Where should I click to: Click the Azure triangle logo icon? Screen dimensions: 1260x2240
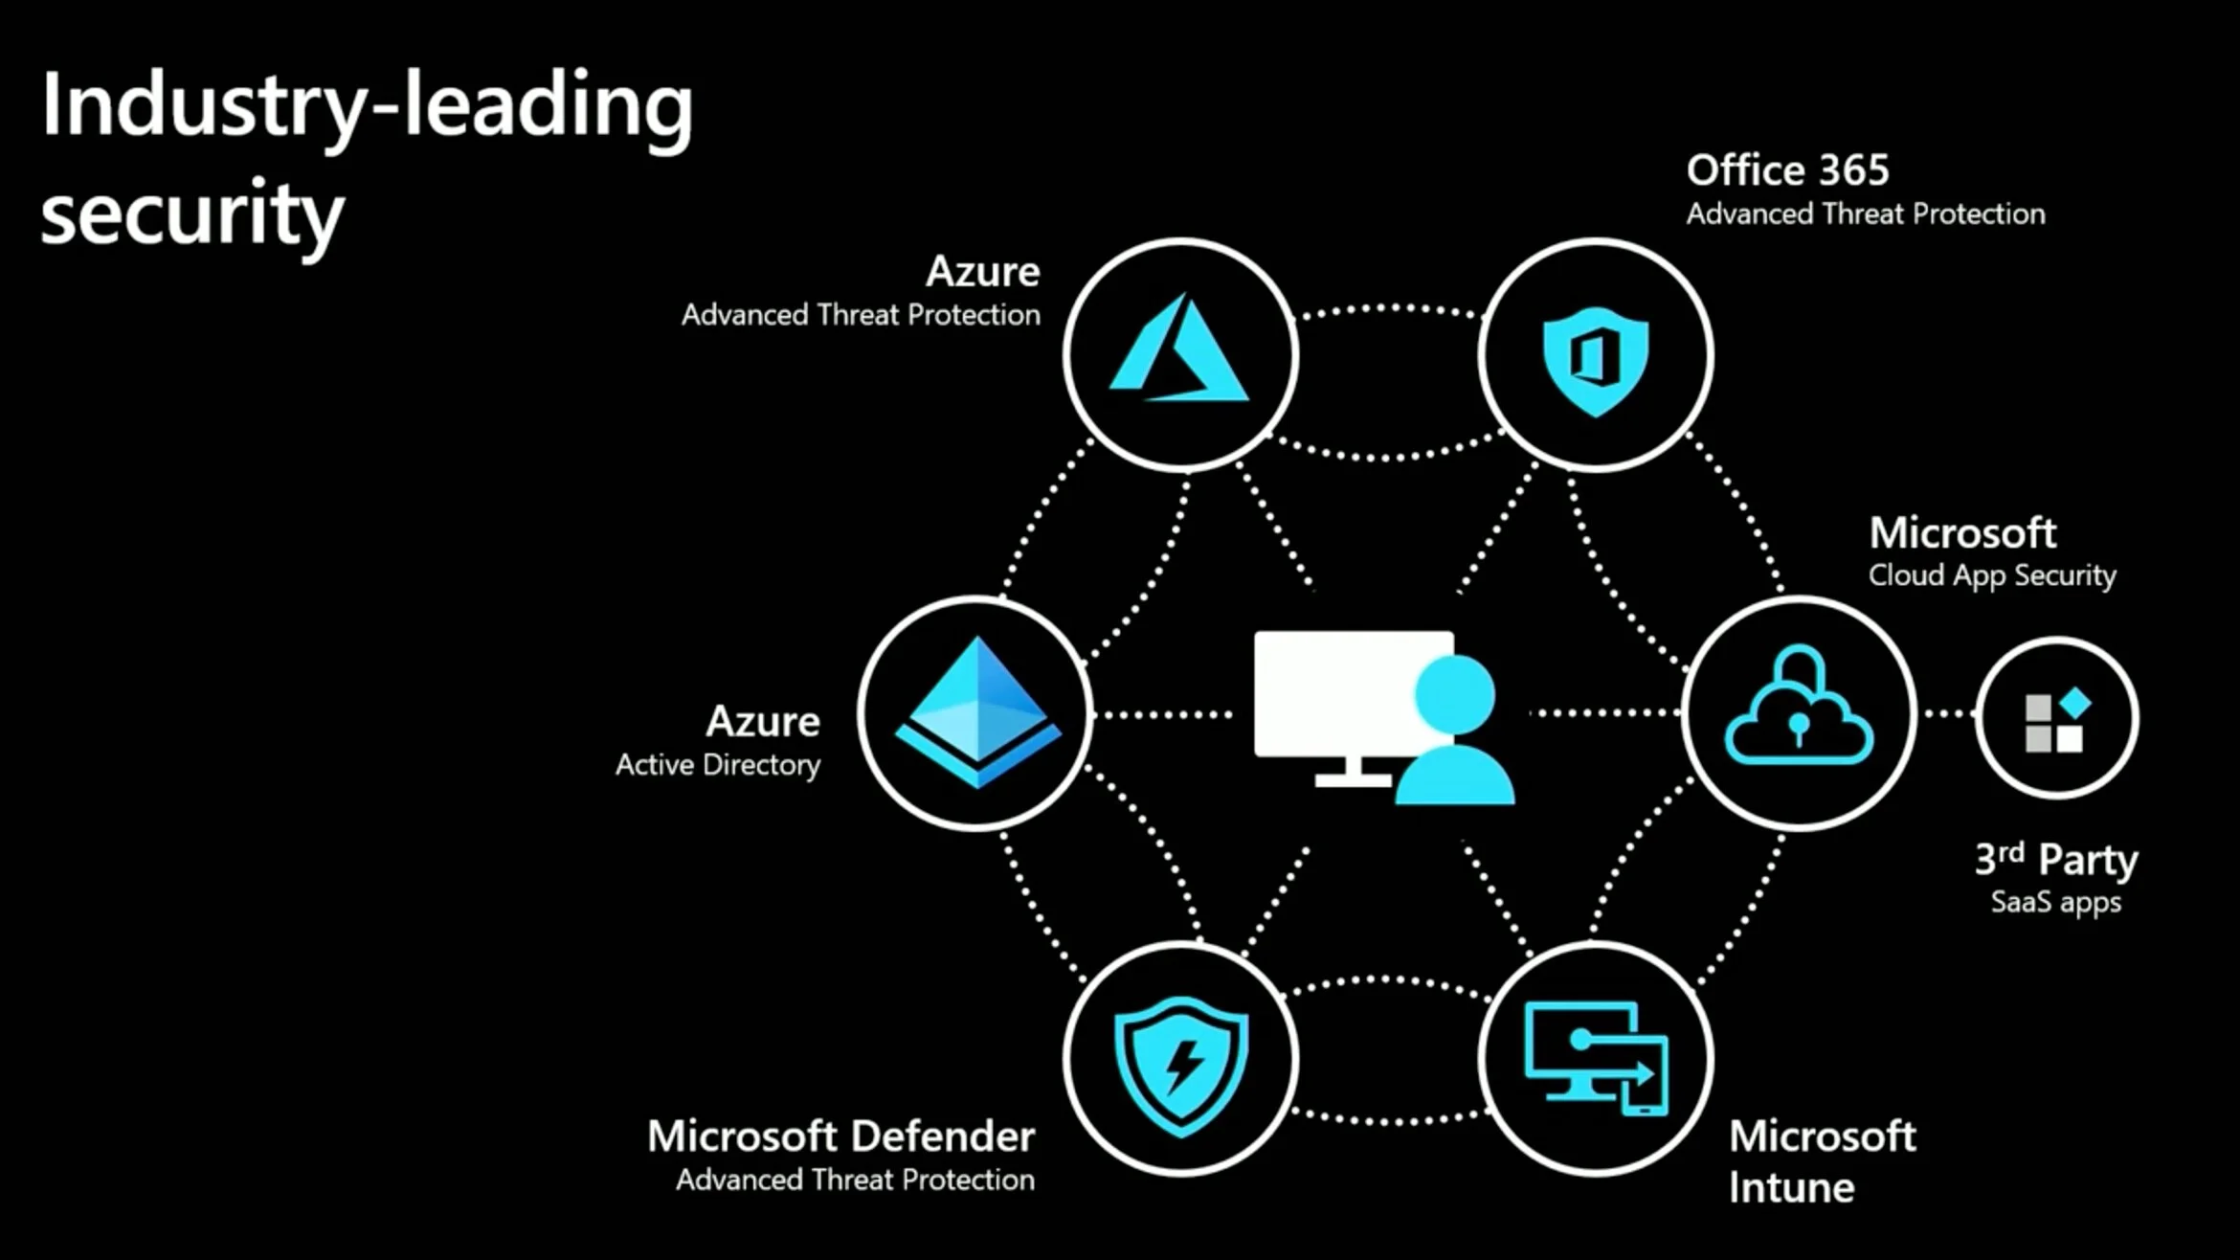[x=1179, y=349]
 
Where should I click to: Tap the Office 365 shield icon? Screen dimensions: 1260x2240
[x=1595, y=359]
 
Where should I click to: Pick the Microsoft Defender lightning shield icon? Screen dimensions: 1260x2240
[x=1181, y=1063]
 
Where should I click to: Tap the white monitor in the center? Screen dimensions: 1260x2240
[x=1340, y=694]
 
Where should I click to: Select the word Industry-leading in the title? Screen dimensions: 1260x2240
[x=367, y=107]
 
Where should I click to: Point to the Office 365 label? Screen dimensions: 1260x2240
[x=1787, y=170]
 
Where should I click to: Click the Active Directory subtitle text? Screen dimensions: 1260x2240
[x=718, y=765]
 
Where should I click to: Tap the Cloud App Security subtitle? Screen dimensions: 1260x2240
[x=1992, y=575]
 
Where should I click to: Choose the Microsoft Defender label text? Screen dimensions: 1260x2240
[x=840, y=1136]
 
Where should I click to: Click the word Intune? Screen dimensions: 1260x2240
[x=1791, y=1188]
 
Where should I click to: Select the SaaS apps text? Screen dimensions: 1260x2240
[x=2055, y=902]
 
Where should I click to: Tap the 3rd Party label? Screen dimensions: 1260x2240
[x=2055, y=859]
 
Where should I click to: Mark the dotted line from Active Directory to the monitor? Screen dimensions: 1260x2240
[x=1163, y=714]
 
